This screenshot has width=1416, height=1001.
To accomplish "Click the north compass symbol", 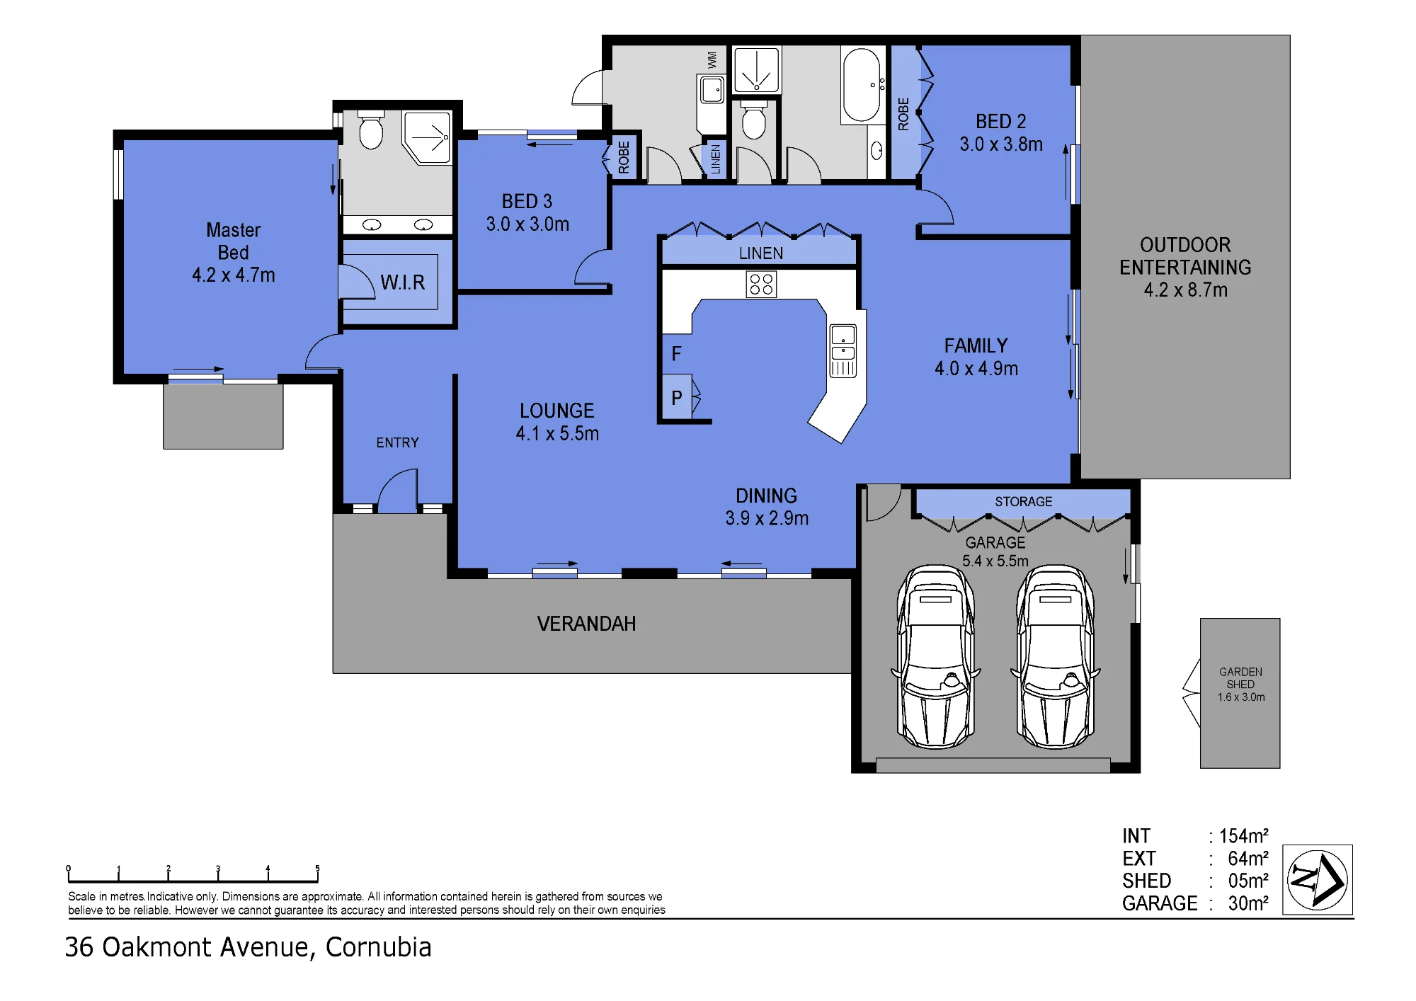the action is tap(1317, 880).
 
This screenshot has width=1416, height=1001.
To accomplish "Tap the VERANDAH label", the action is tap(586, 624).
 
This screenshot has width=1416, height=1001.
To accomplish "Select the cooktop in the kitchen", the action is tap(761, 285).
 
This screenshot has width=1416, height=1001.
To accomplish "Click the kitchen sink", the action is tap(843, 351).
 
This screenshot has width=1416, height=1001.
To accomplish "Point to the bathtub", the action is tap(861, 85).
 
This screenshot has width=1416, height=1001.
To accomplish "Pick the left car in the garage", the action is tap(935, 656).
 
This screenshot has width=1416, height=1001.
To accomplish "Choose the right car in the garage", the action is tap(1055, 656).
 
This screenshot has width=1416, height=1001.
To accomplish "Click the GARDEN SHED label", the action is tap(1240, 678).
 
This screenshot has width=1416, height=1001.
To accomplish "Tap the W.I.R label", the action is tap(402, 282).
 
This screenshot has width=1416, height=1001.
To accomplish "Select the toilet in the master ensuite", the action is tap(371, 130).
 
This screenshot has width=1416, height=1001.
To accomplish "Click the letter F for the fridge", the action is tap(676, 353).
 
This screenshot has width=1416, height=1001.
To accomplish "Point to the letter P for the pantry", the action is tap(677, 398).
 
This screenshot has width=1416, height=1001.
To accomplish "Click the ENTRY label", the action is tap(397, 442).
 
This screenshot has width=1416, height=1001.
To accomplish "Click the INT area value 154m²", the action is tap(1243, 836).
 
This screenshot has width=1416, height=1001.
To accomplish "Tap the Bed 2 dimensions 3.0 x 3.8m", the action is tap(1001, 144).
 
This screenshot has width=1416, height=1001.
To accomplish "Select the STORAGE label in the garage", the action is tap(1023, 502).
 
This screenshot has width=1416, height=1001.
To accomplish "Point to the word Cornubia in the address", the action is tap(378, 947).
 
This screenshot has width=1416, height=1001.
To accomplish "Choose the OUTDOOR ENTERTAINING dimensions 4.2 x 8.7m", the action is tap(1185, 290).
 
